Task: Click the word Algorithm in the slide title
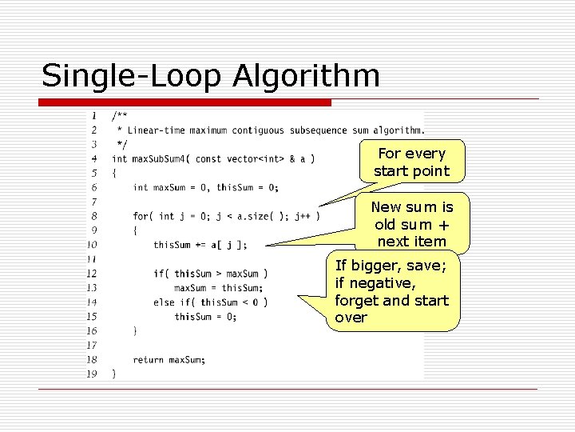point(307,76)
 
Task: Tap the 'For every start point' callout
point(411,162)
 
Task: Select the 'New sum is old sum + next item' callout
point(412,224)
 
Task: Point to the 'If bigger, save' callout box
point(392,291)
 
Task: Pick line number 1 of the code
point(94,116)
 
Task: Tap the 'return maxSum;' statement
point(169,360)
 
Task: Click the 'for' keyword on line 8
point(141,216)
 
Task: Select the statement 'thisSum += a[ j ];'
point(200,245)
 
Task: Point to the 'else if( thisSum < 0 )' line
point(211,302)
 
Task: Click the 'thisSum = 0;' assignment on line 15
point(205,317)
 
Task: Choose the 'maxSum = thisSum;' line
point(218,288)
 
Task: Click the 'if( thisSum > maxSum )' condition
point(211,274)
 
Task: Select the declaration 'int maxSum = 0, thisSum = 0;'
point(205,188)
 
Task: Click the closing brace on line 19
point(114,374)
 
